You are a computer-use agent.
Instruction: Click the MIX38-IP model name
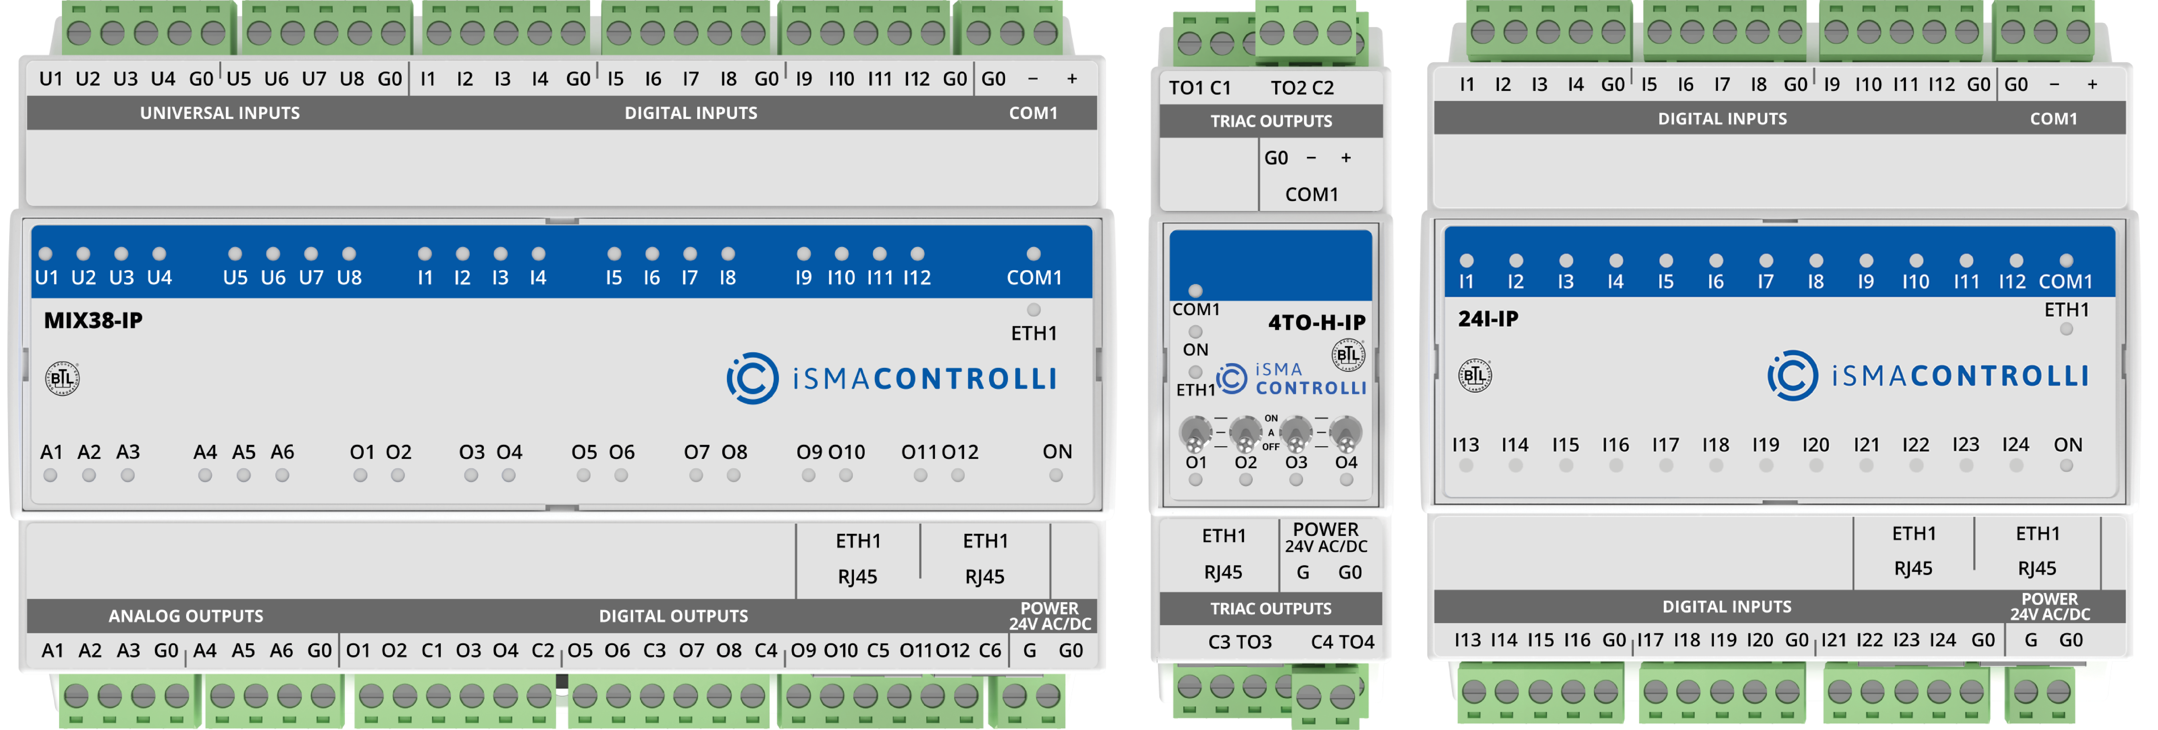93,321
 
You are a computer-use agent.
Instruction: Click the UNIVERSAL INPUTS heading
220,113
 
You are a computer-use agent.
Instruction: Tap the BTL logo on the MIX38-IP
62,378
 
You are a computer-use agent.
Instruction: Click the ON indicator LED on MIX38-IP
1056,475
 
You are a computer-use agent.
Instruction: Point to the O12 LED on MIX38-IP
958,475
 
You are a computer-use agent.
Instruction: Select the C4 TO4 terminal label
1342,642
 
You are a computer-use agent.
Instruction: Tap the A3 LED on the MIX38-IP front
127,475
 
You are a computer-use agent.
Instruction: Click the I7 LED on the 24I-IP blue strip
1766,260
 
